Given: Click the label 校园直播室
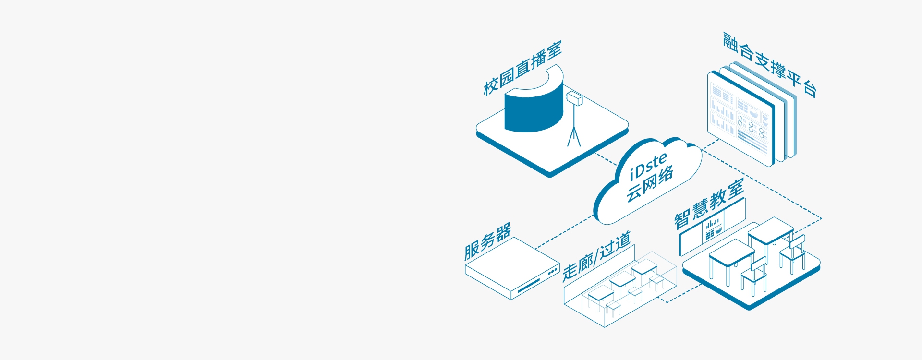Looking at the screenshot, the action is click(x=522, y=69).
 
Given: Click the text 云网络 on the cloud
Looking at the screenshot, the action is click(x=650, y=184).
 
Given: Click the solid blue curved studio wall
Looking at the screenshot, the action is click(x=533, y=108).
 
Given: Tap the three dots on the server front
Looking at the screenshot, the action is click(x=553, y=272).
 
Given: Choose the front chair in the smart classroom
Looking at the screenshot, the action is click(x=754, y=276).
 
